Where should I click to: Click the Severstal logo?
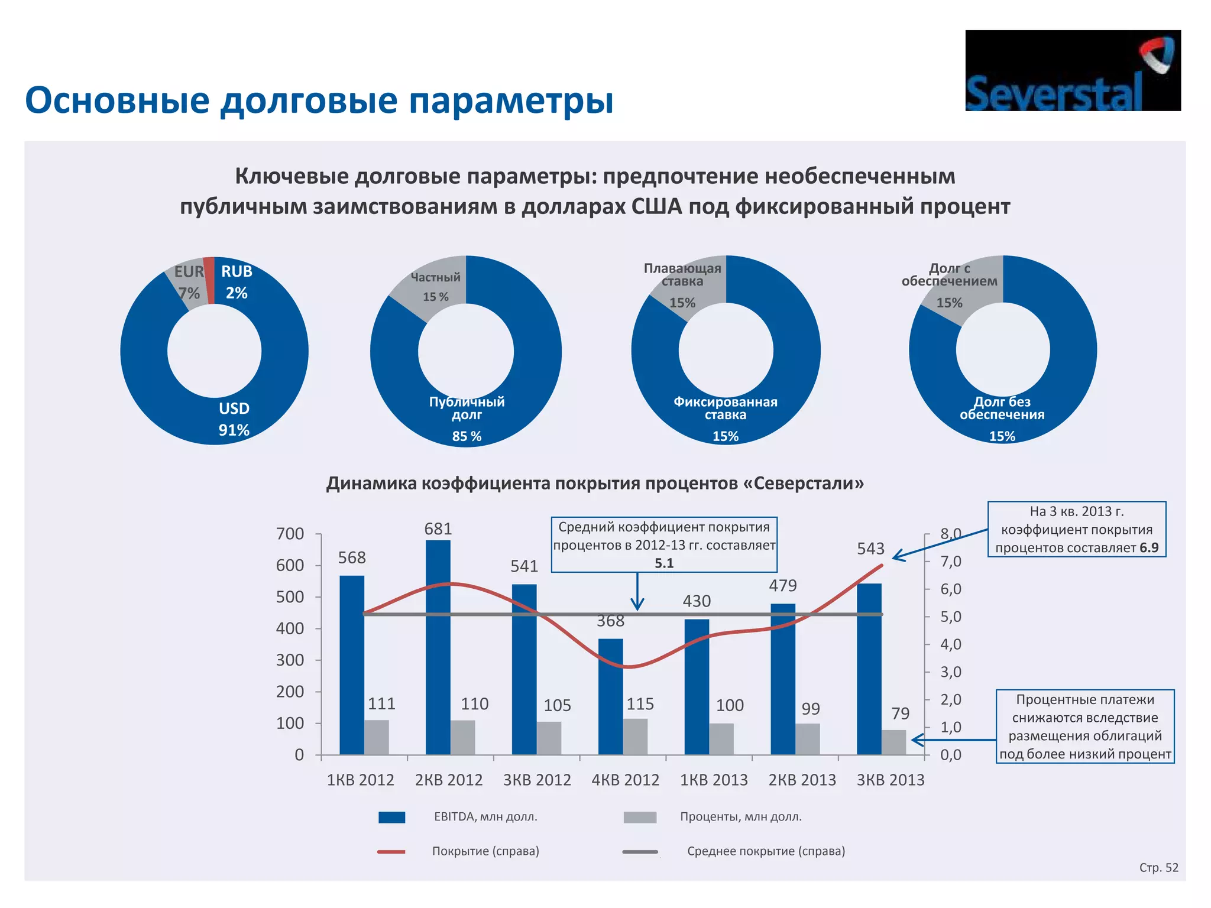pos(1073,71)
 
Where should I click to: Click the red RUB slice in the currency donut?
pos(209,280)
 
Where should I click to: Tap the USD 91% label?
pos(234,419)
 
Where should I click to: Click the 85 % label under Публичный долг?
pos(467,436)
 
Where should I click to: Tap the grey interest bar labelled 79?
pos(893,742)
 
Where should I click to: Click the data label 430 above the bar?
pos(697,601)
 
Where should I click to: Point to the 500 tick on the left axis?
pos(290,597)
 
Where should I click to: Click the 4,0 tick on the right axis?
pos(951,644)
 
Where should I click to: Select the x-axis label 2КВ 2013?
pos(802,780)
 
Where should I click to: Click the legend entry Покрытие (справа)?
pos(485,851)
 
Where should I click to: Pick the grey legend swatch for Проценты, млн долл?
pos(640,817)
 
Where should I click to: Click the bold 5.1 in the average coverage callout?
pos(664,563)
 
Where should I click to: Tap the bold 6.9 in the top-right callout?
pos(1149,548)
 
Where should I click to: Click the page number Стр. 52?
pos(1158,868)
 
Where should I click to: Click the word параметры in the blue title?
pos(511,100)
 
